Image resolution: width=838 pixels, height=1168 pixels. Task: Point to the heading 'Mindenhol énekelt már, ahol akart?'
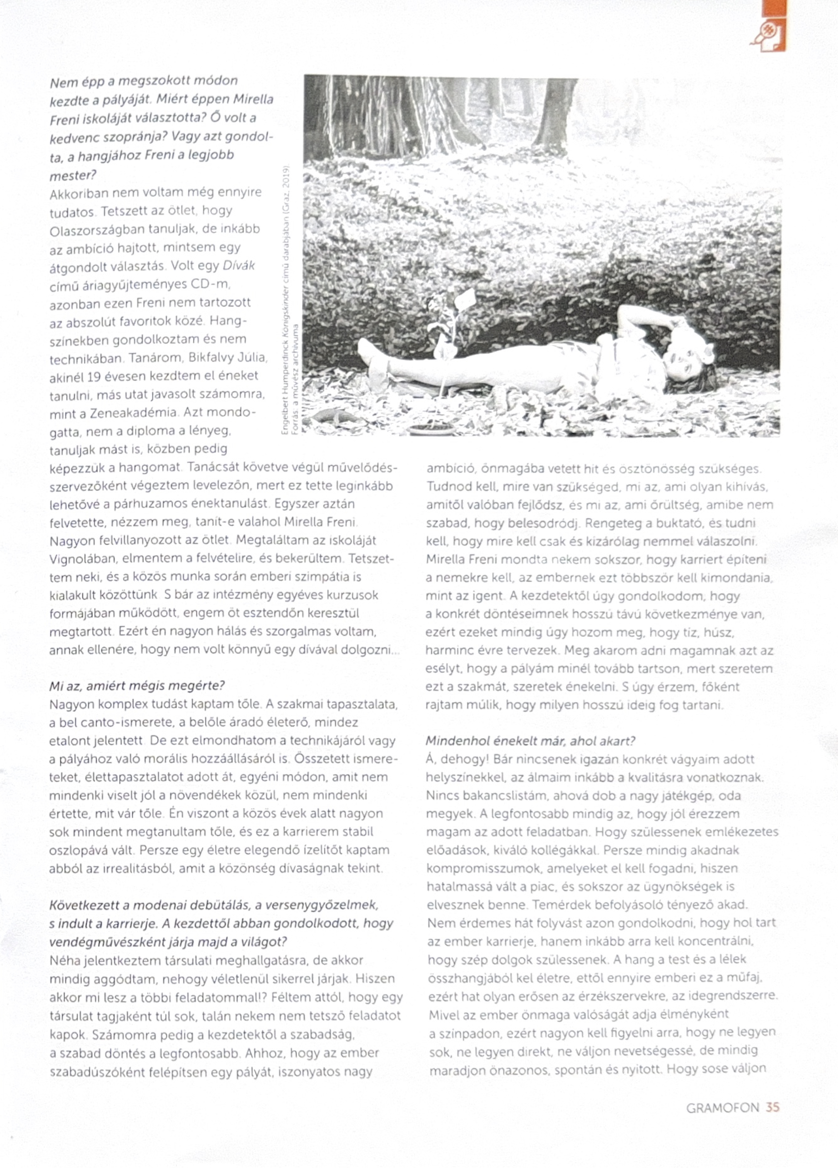click(530, 741)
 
